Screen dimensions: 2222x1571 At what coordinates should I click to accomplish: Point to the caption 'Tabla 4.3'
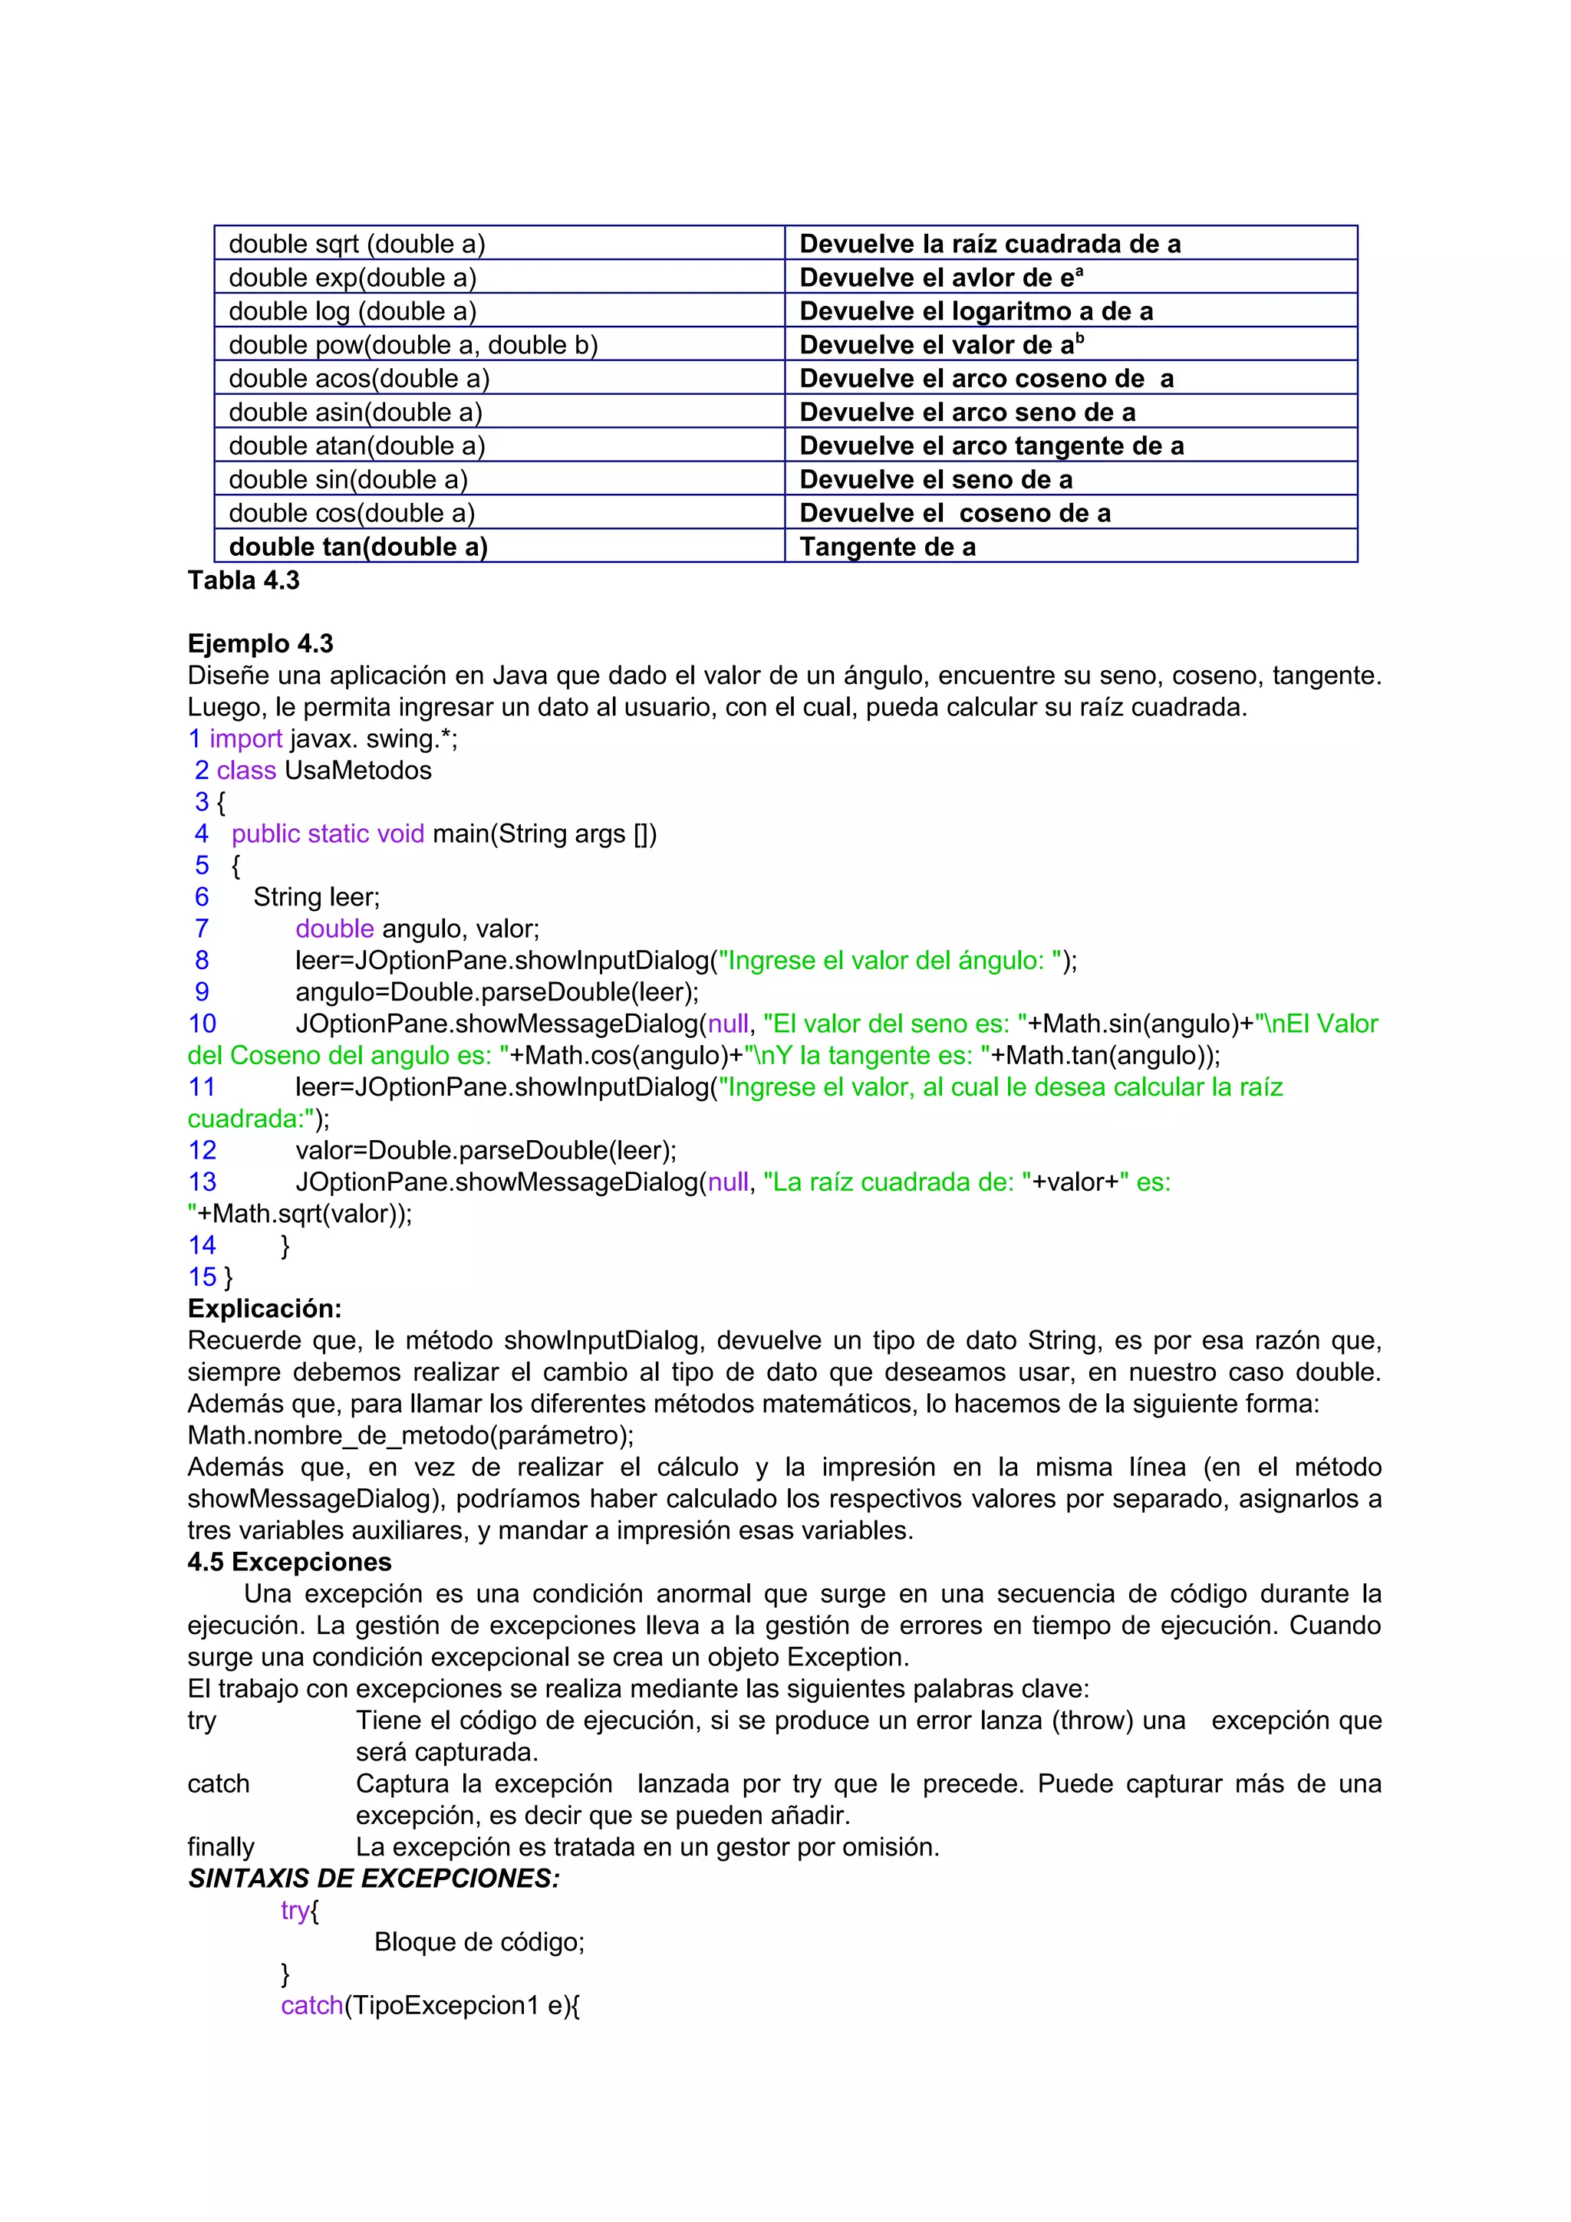244,580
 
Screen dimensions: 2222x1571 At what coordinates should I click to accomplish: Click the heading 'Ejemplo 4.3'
260,643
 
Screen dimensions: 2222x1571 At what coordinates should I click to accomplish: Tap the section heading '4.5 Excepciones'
289,1562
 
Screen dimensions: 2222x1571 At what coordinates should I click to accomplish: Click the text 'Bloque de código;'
479,1942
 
